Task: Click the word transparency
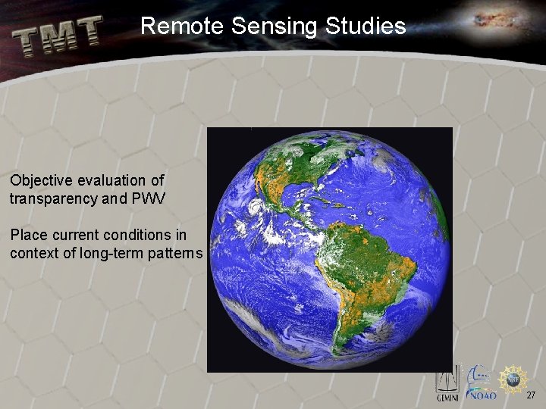[61, 199]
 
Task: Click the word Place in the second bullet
[27, 234]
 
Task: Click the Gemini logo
[447, 386]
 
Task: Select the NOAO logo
[482, 385]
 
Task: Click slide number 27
[531, 395]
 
